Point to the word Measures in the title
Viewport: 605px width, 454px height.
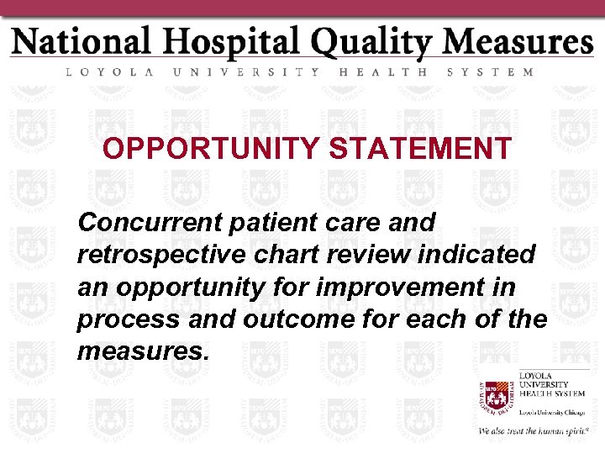click(518, 42)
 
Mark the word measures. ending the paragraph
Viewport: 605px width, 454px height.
click(141, 351)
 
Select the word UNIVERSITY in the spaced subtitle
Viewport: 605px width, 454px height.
click(245, 72)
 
